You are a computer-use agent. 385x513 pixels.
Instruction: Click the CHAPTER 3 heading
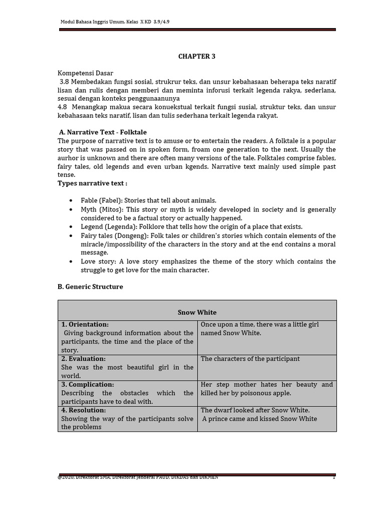(x=197, y=56)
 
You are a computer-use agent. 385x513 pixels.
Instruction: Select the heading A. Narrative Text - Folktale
(x=103, y=132)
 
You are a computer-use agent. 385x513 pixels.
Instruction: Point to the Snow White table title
(x=197, y=312)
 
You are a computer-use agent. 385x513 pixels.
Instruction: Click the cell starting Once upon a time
(x=259, y=329)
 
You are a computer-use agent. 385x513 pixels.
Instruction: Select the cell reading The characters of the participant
(x=250, y=359)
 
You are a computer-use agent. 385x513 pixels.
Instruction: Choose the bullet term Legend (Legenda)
(x=107, y=226)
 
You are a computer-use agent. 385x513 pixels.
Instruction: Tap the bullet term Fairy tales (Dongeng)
(x=114, y=235)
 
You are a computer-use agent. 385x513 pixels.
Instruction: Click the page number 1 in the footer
(x=333, y=477)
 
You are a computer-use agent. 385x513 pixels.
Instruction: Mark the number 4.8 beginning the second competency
(x=63, y=107)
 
